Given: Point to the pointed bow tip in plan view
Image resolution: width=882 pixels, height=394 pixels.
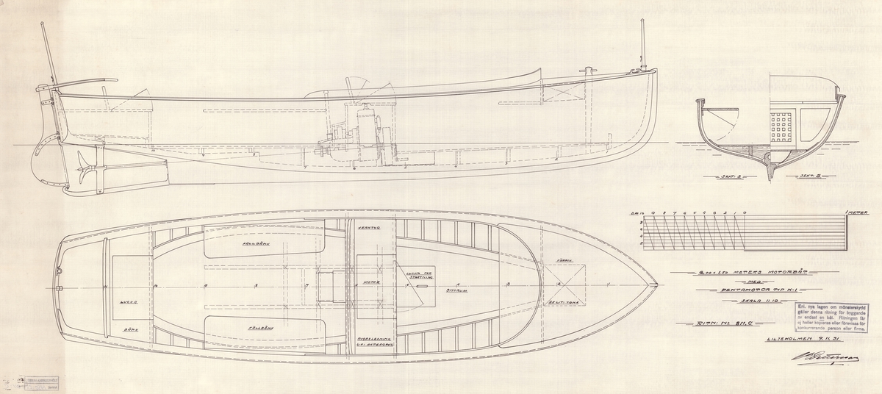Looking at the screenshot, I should click(x=656, y=283).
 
